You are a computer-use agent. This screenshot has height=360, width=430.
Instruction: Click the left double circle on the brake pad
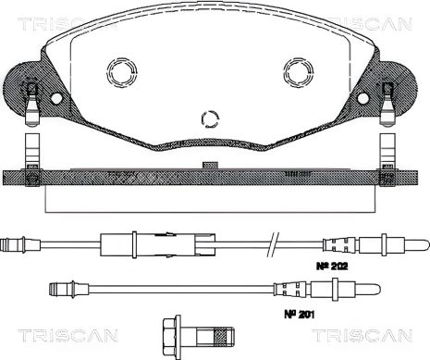tap(120, 71)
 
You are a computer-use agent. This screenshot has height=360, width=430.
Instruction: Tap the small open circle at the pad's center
tap(210, 118)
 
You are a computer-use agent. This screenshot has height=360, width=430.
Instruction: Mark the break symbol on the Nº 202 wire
tap(273, 245)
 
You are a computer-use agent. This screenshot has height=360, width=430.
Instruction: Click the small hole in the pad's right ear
tap(362, 97)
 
